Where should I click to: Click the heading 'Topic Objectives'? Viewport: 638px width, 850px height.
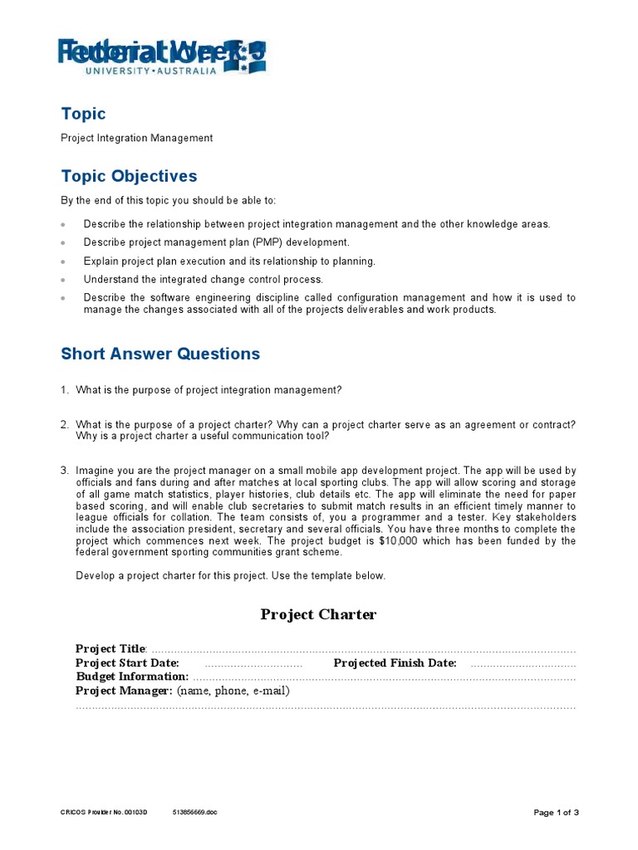pos(129,176)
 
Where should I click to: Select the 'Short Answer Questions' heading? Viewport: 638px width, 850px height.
pos(160,354)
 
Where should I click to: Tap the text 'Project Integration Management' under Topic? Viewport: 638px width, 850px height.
pos(136,138)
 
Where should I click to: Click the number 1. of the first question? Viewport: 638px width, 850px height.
pos(65,389)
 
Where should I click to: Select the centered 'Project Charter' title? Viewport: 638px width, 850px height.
pos(318,614)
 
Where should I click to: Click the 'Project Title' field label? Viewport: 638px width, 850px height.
pos(110,648)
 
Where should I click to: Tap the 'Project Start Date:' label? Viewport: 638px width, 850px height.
pos(127,662)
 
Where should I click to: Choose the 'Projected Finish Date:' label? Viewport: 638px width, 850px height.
pos(395,662)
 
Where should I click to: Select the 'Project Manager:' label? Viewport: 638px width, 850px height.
pos(124,691)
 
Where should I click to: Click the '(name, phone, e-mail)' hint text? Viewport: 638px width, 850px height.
pos(233,691)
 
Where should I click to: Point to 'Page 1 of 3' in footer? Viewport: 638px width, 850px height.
pos(556,813)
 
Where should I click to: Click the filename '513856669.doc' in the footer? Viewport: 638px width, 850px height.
pos(195,813)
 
